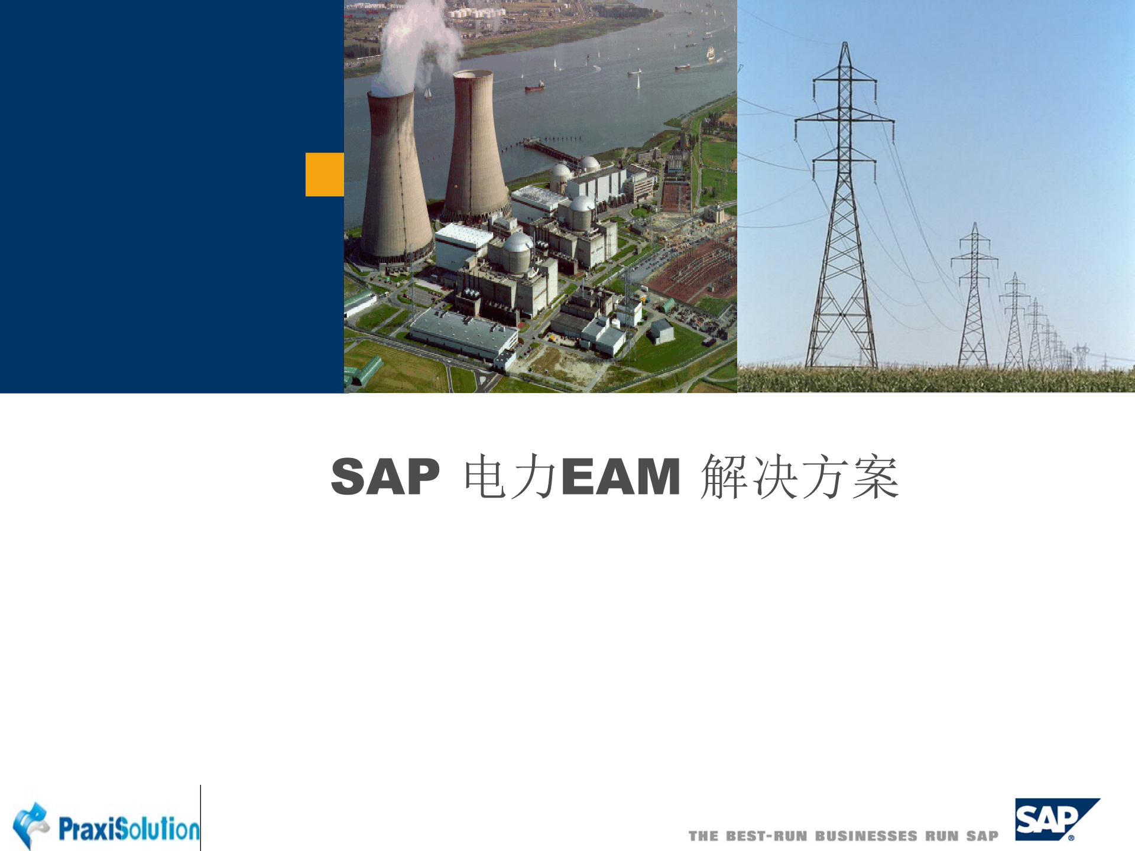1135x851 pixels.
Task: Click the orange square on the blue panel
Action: tap(325, 174)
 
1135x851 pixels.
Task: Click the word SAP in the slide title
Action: tap(385, 477)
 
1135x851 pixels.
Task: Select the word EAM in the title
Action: tap(621, 477)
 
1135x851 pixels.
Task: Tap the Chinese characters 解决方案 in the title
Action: tap(800, 477)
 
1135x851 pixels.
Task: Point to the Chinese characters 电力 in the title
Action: tap(510, 477)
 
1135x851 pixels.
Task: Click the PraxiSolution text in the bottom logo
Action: tap(129, 829)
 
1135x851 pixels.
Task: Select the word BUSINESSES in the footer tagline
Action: tap(866, 836)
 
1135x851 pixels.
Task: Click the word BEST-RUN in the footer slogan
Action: tap(766, 836)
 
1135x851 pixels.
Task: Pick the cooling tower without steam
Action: tap(475, 148)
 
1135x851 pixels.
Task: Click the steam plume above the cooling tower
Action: tap(414, 41)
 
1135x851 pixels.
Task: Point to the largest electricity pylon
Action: tap(844, 225)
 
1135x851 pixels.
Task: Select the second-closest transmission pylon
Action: tap(974, 295)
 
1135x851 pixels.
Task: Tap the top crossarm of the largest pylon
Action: tap(845, 77)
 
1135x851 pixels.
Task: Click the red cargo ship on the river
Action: tap(534, 87)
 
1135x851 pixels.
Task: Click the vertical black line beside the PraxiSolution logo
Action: tap(200, 818)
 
